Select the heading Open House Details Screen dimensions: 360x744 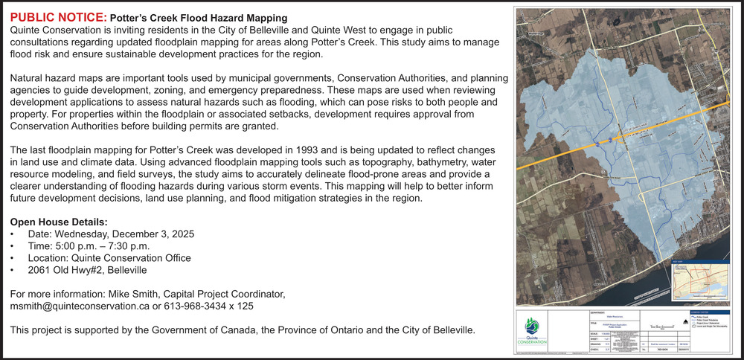tap(59, 222)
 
